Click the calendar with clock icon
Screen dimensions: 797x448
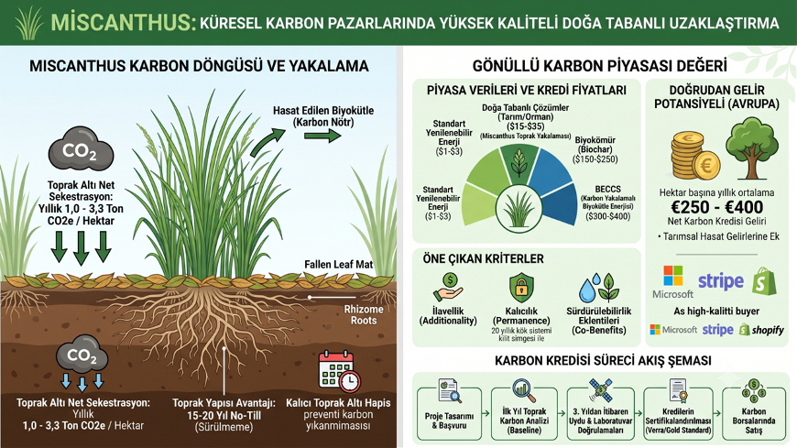pos(339,371)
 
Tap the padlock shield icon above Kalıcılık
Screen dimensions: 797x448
pos(521,288)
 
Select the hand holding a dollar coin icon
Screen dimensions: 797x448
pos(448,288)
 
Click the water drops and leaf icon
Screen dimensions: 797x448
pos(599,288)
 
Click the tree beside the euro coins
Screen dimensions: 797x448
pos(752,148)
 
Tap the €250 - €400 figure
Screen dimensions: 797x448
pos(716,207)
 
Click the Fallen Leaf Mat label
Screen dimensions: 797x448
pos(339,265)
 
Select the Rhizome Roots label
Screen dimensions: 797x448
pos(364,315)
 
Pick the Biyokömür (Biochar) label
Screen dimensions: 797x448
pos(595,149)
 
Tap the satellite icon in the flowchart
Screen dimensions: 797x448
pos(600,390)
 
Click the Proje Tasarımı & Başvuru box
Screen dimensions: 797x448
pos(449,413)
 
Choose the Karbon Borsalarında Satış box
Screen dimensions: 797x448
pos(754,413)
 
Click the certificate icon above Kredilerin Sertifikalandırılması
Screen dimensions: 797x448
pos(678,390)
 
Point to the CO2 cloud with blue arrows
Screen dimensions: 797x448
pos(82,362)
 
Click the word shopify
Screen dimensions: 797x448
pos(768,331)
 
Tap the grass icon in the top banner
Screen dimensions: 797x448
pos(29,22)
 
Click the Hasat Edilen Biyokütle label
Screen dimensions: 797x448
pos(323,116)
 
